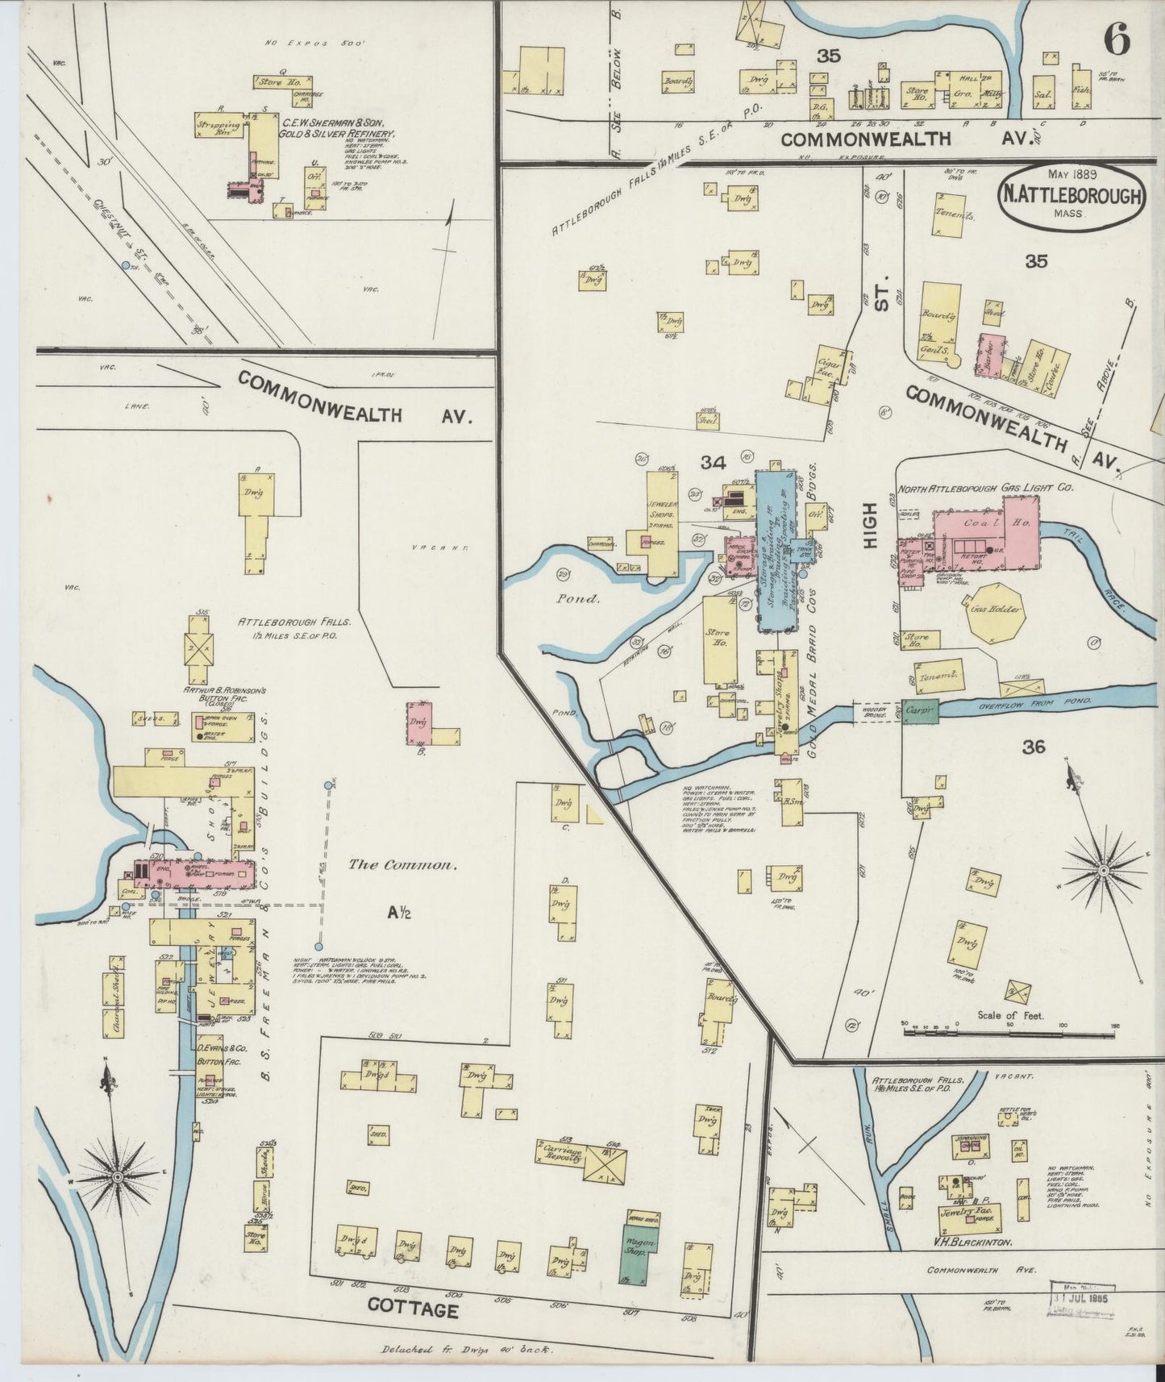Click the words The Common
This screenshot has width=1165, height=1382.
click(402, 865)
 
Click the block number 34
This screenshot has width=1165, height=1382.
click(713, 463)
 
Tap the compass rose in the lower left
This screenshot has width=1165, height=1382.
click(119, 1179)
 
